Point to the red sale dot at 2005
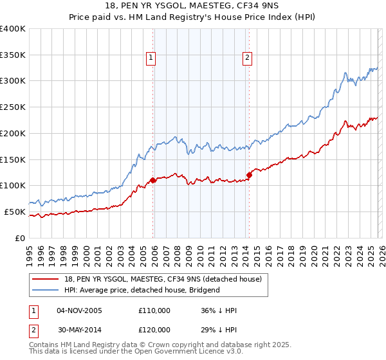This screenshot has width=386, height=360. click(x=152, y=180)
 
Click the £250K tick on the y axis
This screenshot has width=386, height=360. click(x=13, y=107)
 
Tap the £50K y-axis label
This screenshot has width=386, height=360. click(x=15, y=212)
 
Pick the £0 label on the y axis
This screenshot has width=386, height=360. click(x=21, y=238)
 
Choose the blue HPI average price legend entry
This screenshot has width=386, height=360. click(x=142, y=290)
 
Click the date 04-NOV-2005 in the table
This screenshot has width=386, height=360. click(x=80, y=310)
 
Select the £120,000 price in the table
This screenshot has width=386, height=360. click(x=154, y=329)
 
